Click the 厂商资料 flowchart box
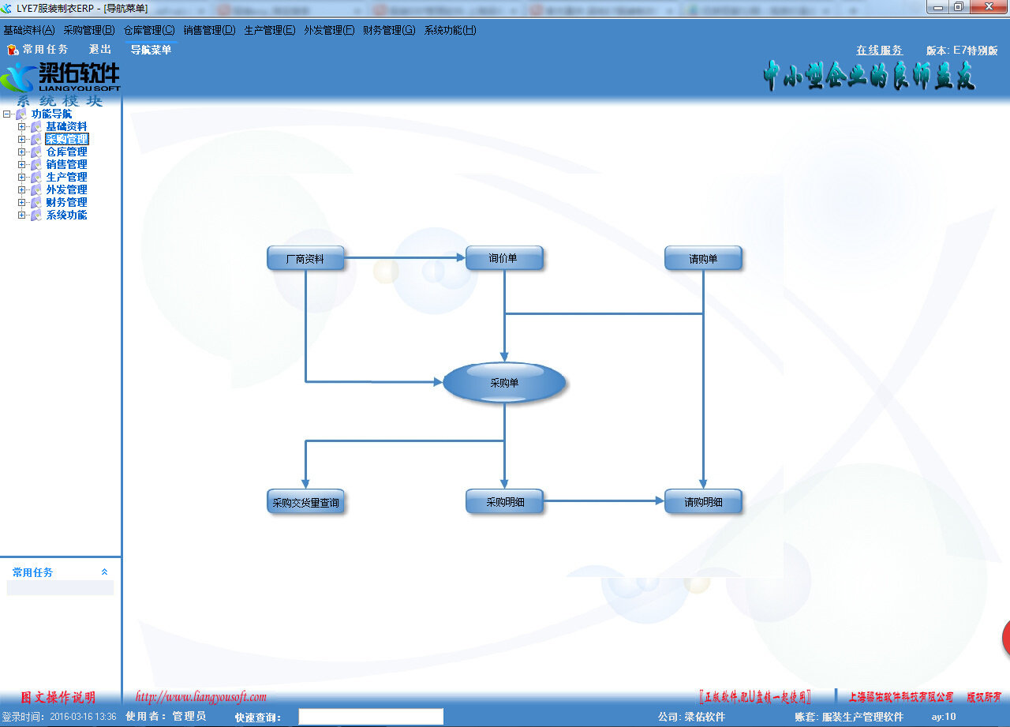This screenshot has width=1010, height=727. [x=305, y=258]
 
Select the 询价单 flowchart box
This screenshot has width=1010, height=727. [x=504, y=258]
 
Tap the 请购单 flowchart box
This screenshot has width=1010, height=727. [x=703, y=258]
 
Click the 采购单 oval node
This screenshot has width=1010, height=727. [x=504, y=383]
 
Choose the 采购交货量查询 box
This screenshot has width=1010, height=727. [x=305, y=502]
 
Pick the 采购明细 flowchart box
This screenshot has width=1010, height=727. [x=504, y=501]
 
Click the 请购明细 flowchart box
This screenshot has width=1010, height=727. [x=703, y=501]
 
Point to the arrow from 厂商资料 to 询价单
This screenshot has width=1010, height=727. [x=405, y=257]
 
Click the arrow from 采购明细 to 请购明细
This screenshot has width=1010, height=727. [x=604, y=500]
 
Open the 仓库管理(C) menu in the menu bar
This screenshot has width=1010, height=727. [x=149, y=30]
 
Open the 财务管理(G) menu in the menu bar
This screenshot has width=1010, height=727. [x=388, y=30]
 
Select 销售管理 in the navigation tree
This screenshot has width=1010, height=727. [x=66, y=164]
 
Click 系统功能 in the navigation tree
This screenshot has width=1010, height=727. [x=66, y=215]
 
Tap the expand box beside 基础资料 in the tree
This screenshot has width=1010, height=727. [x=22, y=126]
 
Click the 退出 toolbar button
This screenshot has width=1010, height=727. [x=100, y=49]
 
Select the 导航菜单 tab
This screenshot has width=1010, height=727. [x=151, y=50]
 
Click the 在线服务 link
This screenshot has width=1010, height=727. [x=879, y=50]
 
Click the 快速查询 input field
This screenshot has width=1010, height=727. [x=371, y=717]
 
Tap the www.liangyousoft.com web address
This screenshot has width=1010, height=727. [x=201, y=697]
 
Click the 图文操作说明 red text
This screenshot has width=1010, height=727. [x=58, y=697]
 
